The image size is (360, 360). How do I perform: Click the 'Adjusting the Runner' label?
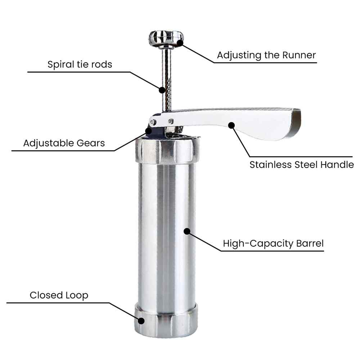pos(266,55)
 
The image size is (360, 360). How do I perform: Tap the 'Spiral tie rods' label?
pos(80,64)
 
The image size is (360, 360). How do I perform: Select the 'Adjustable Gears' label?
pos(64,143)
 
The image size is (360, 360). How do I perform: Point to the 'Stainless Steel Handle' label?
pos(302,165)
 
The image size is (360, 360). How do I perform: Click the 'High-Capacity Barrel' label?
pos(273,244)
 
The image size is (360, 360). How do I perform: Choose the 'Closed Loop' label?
pos(59,295)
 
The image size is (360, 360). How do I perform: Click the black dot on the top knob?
pos(180,42)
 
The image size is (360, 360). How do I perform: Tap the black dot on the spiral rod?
pos(162,90)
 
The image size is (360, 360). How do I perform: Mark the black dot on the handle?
pos(231,125)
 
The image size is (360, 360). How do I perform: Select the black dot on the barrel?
pos(187,231)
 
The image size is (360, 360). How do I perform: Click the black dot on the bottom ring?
pos(141,321)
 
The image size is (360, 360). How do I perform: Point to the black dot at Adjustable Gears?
pos(149,131)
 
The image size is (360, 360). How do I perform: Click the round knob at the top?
pos(166,37)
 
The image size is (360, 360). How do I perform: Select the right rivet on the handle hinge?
pos(171,121)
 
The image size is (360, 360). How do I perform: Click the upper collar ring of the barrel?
pos(167,151)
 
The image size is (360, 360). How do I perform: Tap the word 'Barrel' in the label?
pos(310,243)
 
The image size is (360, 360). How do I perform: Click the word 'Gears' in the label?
pos(91,143)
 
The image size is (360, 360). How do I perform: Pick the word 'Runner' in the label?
pos(299,55)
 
